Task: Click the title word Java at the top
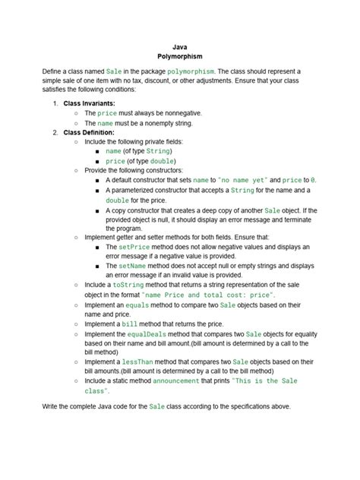point(180,46)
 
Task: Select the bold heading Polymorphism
point(180,57)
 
